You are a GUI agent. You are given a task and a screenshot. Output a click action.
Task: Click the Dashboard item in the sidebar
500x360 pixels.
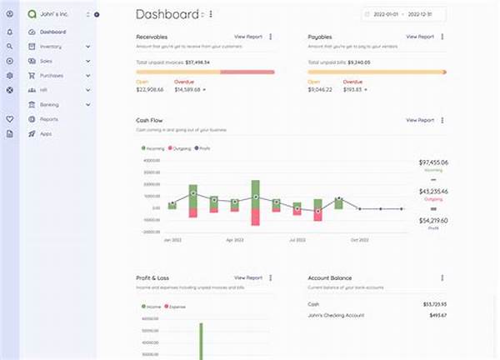click(x=52, y=32)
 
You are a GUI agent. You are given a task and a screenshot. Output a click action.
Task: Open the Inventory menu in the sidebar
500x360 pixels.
click(x=51, y=47)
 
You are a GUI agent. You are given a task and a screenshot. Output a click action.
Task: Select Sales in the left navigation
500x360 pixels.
click(x=47, y=61)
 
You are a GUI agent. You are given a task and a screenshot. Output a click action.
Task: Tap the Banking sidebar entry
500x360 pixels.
click(x=49, y=104)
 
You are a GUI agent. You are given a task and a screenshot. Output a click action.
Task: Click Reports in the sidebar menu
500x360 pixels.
click(x=49, y=119)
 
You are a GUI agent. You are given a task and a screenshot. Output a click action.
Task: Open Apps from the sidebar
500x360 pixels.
click(x=46, y=133)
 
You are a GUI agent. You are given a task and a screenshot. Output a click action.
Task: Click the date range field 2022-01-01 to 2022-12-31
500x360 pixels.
click(x=403, y=14)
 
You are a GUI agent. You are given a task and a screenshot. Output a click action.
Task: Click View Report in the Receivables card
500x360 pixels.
click(x=247, y=37)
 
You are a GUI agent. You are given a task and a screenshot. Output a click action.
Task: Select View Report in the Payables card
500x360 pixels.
click(x=419, y=37)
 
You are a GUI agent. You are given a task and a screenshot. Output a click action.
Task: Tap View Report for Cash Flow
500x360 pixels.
click(x=419, y=120)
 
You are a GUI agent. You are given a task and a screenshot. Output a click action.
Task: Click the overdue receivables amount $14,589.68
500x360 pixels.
click(x=191, y=89)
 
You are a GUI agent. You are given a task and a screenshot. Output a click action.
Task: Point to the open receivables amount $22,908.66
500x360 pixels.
click(x=152, y=89)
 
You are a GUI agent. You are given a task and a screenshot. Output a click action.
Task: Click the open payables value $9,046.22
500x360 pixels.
click(x=320, y=89)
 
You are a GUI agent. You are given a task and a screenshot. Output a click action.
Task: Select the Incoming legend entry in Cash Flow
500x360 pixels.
click(x=153, y=147)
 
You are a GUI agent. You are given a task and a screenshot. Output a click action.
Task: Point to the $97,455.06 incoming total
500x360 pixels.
click(x=432, y=162)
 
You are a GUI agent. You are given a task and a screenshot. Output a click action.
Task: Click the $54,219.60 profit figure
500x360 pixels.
click(x=432, y=220)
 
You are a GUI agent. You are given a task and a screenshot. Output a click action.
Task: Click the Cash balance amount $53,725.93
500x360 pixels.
click(x=434, y=303)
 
